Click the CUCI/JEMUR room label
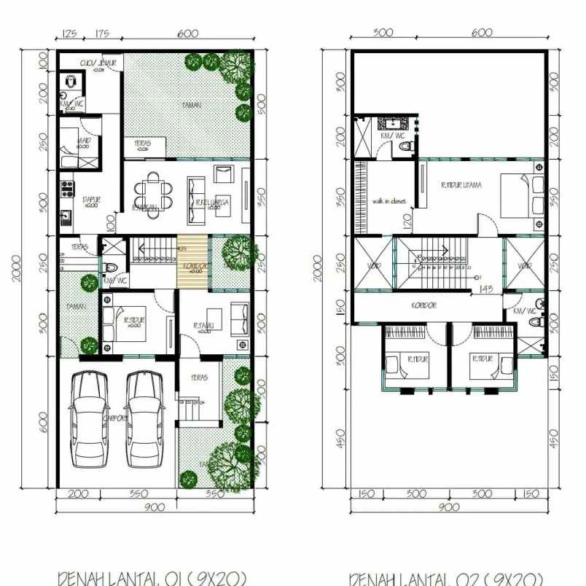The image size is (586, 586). click(98, 63)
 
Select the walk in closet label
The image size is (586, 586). click(388, 201)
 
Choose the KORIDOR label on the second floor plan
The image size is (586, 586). click(423, 305)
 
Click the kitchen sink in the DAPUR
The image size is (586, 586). click(66, 217)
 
